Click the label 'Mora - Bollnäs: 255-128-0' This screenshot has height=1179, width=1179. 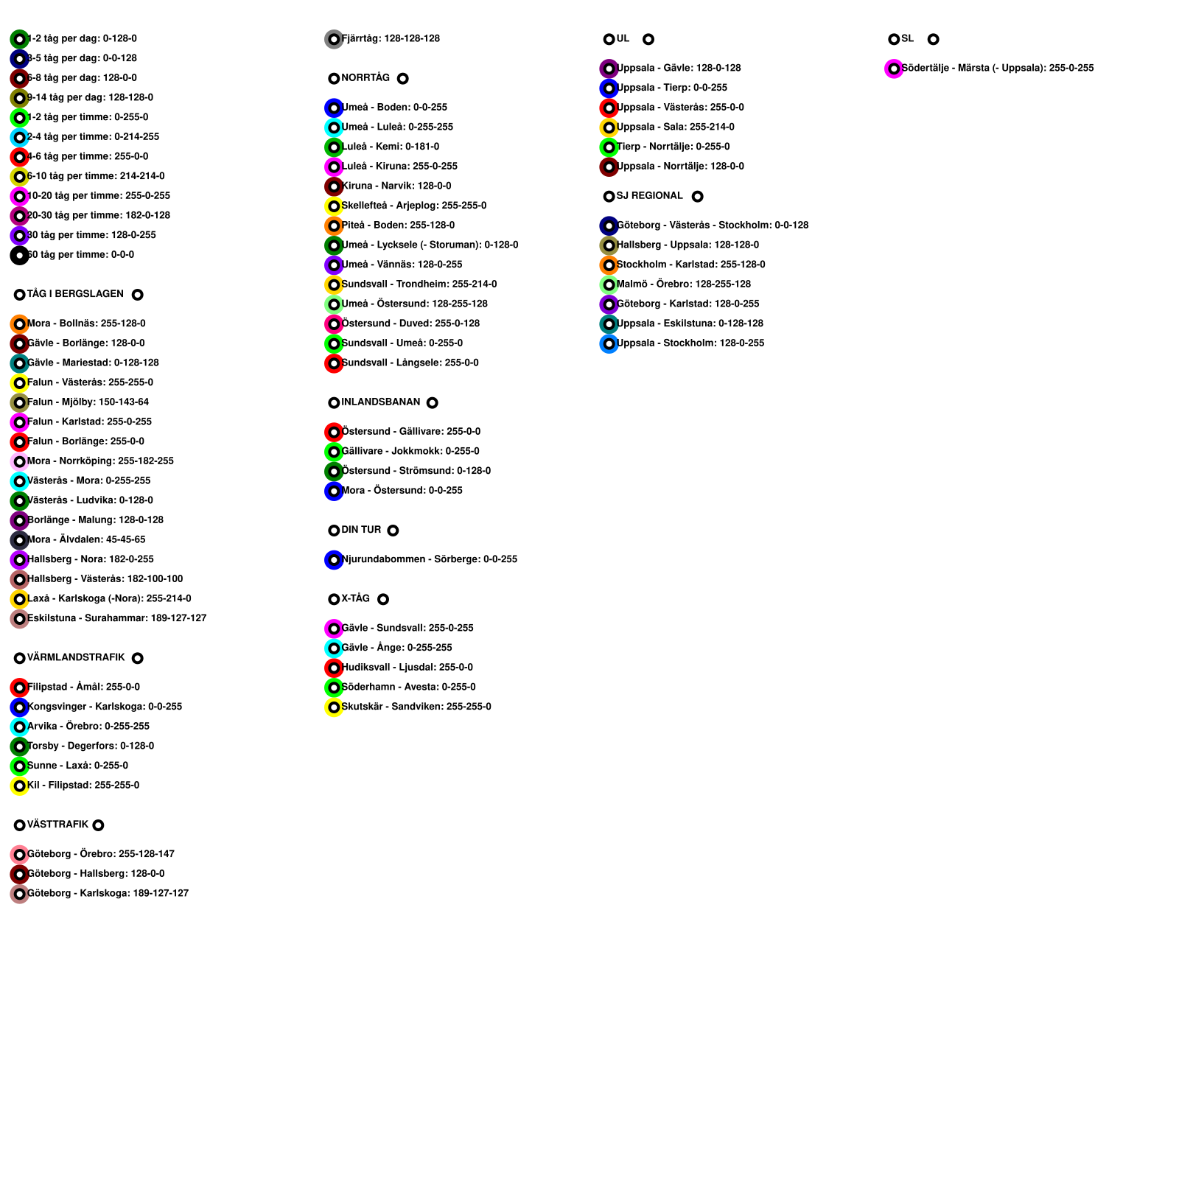86,323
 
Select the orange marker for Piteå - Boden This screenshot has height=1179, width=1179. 334,226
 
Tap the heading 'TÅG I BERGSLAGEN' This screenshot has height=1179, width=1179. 75,294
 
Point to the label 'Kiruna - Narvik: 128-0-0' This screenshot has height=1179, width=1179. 396,186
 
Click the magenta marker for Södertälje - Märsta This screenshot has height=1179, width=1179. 894,69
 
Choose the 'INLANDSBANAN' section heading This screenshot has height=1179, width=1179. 380,402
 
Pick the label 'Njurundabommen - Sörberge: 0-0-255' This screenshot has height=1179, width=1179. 429,559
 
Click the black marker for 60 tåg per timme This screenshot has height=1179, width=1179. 20,256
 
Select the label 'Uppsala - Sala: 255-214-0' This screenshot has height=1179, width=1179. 675,127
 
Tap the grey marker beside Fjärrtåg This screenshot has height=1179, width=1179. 334,39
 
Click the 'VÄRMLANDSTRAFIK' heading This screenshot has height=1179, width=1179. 76,657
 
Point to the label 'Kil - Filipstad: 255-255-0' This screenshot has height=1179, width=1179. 83,785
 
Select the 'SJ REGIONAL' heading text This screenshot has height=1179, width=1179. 649,195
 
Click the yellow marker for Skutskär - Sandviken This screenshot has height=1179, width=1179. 334,707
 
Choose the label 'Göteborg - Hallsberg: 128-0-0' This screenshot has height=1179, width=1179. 96,873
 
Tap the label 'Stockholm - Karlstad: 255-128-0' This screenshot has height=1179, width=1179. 690,265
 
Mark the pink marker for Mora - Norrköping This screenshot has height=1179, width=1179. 20,462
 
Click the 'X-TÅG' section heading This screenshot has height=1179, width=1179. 355,598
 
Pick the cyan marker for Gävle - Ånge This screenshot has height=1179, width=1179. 334,648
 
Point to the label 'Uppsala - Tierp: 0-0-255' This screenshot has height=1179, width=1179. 671,88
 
